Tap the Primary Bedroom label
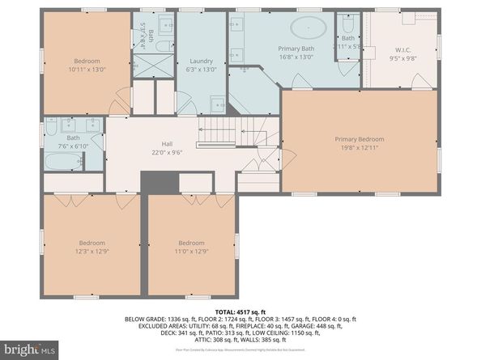tap(359, 139)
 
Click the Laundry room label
tap(201, 61)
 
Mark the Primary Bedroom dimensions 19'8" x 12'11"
tap(359, 147)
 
